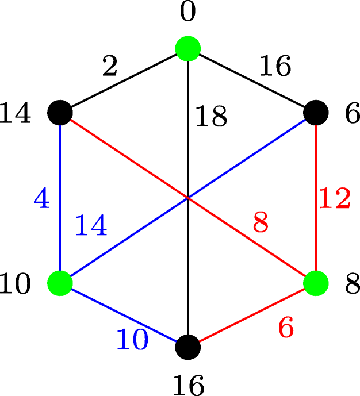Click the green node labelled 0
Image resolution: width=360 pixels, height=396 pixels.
pyautogui.click(x=188, y=49)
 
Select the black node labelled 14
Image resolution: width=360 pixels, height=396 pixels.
pyautogui.click(x=60, y=112)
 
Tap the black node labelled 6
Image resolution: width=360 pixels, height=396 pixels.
pyautogui.click(x=316, y=112)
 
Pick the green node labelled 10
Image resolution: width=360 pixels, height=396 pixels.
pyautogui.click(x=60, y=283)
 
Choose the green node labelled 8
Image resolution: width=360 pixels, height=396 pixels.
pyautogui.click(x=316, y=283)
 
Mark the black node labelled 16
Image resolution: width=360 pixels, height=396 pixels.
pyautogui.click(x=188, y=347)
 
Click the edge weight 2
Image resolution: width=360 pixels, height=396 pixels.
pyautogui.click(x=110, y=67)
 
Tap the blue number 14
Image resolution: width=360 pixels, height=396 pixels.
pyautogui.click(x=91, y=226)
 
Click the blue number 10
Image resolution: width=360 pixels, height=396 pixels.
pyautogui.click(x=132, y=341)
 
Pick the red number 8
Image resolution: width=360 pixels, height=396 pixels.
pyautogui.click(x=261, y=224)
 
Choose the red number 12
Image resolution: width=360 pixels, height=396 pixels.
pyautogui.click(x=335, y=199)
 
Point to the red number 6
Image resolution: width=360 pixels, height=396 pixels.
pyautogui.click(x=286, y=328)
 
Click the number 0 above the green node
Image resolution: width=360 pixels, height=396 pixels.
pyautogui.click(x=188, y=13)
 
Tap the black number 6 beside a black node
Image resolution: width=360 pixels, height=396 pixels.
pyautogui.click(x=352, y=114)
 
